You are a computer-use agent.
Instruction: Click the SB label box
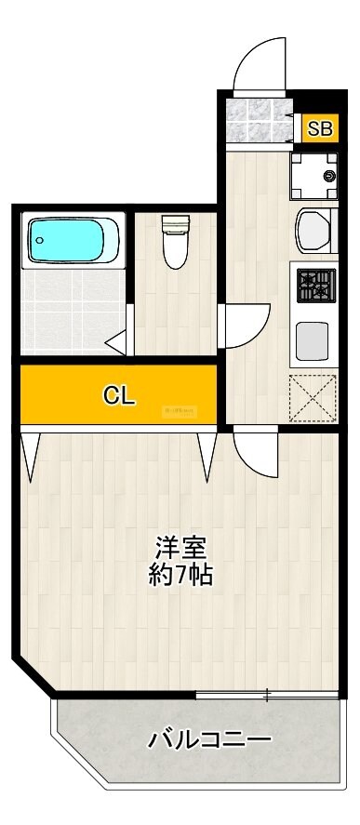tap(319, 129)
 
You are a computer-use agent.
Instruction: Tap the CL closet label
tap(119, 395)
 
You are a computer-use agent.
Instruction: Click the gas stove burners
tap(316, 286)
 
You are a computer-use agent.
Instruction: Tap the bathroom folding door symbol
tap(118, 342)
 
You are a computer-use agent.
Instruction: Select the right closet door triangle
tap(207, 454)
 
